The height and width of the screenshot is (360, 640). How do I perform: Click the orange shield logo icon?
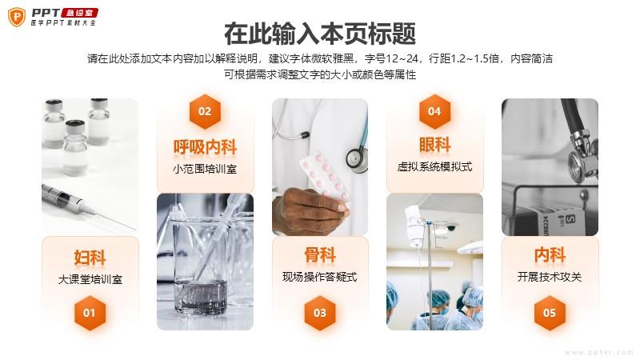coord(17,17)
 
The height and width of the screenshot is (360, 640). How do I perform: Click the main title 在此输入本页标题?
coord(320,34)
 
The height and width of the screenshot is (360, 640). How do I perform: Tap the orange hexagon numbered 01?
coord(90,313)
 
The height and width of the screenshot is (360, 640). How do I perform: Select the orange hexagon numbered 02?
coord(205,111)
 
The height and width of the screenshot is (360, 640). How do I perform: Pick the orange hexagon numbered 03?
coord(320,313)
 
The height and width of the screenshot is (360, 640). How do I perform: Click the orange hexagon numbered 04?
coord(434,111)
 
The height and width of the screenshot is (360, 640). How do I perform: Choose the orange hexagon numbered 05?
coord(550,313)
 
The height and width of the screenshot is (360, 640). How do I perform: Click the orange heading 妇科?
coord(90,258)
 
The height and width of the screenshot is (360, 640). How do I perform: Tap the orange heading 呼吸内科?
coord(205,147)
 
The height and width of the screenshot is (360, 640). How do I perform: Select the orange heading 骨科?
coord(320,255)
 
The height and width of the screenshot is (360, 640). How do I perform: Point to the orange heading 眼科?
coord(434,145)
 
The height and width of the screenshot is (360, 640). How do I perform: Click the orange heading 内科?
coord(550,255)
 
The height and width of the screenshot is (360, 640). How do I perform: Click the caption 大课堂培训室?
coord(90,279)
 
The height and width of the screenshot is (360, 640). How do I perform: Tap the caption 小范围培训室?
coord(205,169)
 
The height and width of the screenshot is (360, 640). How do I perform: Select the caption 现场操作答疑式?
coord(320,277)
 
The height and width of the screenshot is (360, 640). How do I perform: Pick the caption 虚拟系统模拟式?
coord(434,166)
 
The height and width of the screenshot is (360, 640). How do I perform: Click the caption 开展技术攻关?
coord(550,277)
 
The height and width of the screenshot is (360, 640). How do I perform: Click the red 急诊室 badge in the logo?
coord(80,13)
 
